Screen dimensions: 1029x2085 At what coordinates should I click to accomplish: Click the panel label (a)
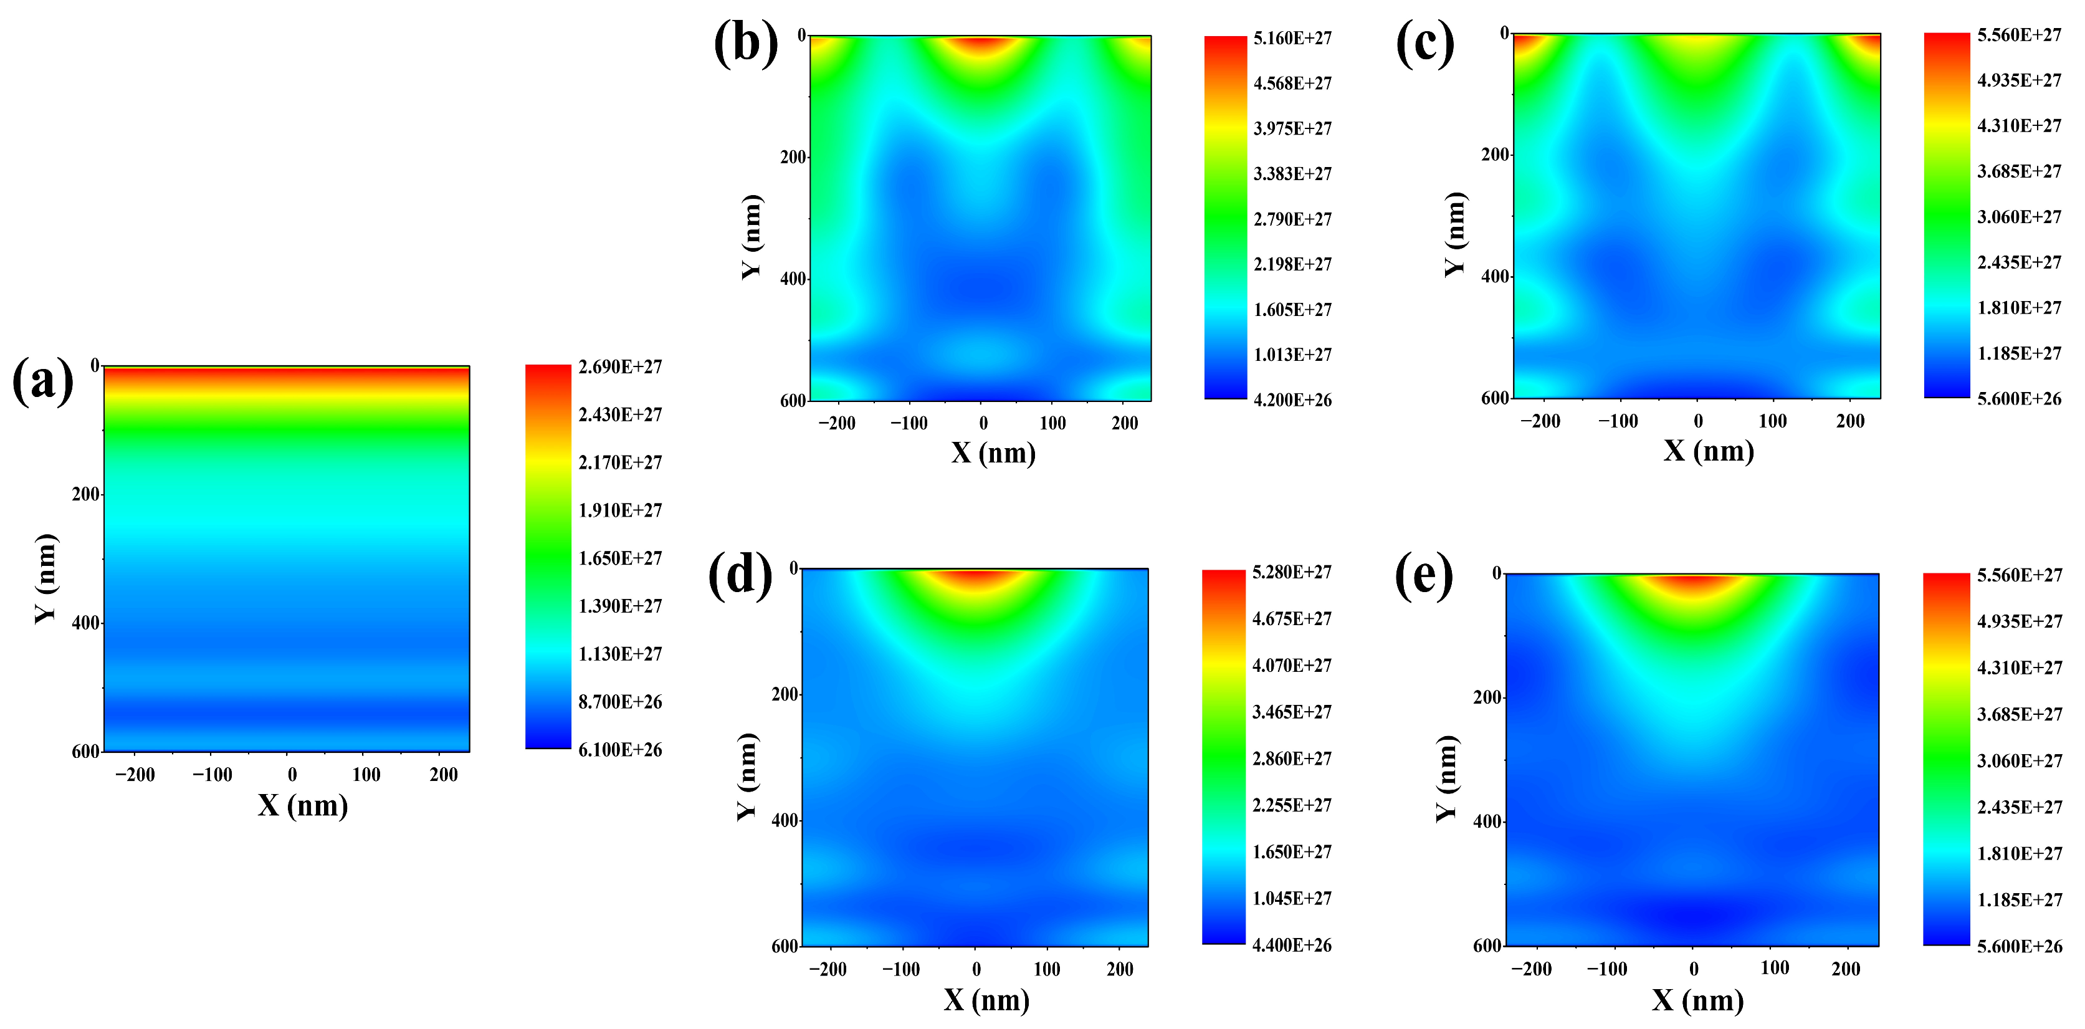pos(43,381)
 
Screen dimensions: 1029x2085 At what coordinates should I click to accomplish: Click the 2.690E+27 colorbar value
pos(620,366)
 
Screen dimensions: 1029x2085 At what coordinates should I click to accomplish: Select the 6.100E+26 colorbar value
pos(620,750)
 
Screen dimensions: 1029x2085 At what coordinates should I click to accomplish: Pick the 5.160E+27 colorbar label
pos(1292,38)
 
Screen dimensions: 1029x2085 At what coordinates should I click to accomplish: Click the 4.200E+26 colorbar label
pos(1292,400)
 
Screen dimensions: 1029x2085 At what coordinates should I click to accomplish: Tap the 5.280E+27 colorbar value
pos(1291,572)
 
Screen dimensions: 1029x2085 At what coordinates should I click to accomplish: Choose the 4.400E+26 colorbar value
pos(1291,945)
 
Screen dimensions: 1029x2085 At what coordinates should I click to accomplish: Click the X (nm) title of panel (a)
pos(303,805)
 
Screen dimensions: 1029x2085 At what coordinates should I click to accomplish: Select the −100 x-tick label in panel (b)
pos(909,423)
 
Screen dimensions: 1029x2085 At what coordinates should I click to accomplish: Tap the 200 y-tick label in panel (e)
pos(1487,697)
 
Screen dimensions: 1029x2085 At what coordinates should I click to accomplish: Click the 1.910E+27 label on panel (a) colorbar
pos(620,510)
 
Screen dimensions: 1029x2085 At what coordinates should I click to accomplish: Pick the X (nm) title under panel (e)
pos(1697,1001)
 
